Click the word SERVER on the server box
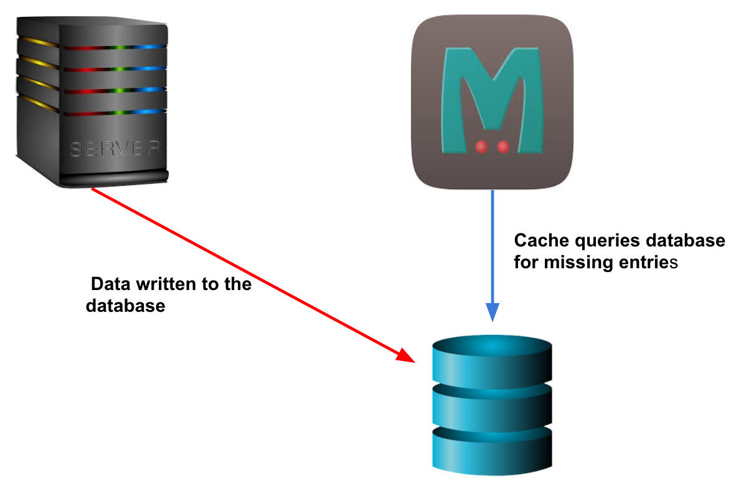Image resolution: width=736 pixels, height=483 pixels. click(115, 149)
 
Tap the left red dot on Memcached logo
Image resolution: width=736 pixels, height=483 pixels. click(481, 147)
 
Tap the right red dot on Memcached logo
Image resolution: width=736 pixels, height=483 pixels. click(503, 147)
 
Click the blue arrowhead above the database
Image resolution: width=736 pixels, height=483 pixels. click(493, 312)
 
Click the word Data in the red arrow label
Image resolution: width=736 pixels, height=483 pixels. click(110, 285)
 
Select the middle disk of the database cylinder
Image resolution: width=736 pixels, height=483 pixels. click(491, 405)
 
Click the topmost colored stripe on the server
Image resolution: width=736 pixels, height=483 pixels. click(93, 46)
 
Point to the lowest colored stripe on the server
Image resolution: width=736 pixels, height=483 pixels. click(93, 112)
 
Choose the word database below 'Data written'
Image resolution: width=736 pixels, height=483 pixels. click(125, 306)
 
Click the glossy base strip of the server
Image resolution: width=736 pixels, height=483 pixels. click(115, 180)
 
